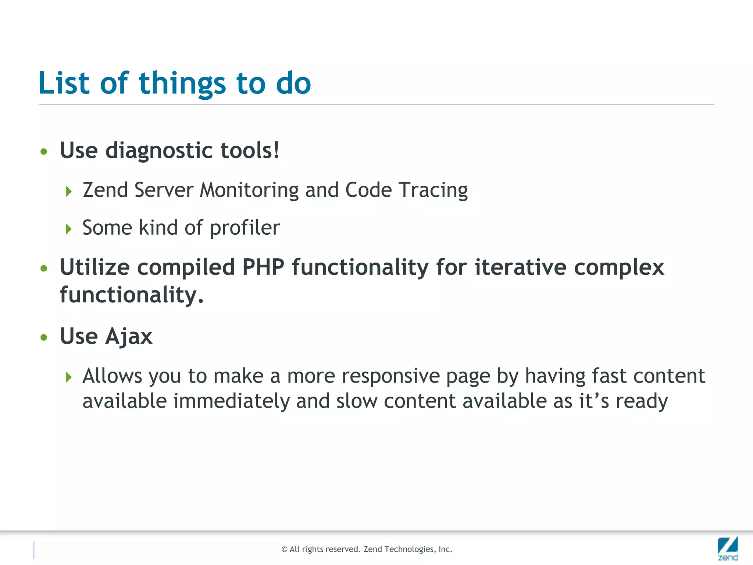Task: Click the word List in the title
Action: tap(64, 83)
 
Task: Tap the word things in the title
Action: tap(182, 84)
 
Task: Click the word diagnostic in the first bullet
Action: tap(159, 150)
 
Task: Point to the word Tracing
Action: tap(433, 191)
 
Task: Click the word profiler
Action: tap(245, 228)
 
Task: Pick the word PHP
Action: tap(263, 267)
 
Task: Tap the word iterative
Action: tap(520, 267)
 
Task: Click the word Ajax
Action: tap(129, 337)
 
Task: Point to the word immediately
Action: tap(231, 401)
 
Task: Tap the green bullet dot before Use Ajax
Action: tap(44, 337)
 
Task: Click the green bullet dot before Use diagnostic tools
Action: tap(44, 152)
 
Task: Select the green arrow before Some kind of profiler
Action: tap(69, 229)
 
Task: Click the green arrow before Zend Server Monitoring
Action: tap(69, 191)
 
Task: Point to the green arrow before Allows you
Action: tap(69, 377)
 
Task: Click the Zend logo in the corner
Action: tap(728, 548)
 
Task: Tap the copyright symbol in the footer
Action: tap(284, 550)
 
